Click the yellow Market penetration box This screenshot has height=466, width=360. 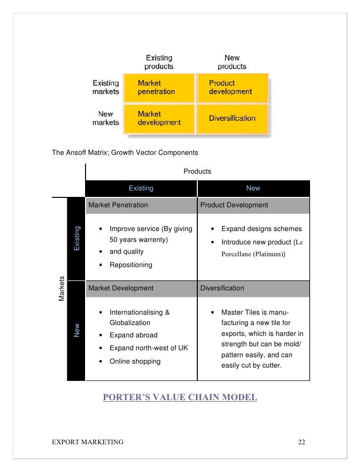[159, 88]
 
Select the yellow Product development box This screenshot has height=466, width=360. [232, 88]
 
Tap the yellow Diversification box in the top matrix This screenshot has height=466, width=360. [232, 118]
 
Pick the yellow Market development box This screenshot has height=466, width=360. [159, 118]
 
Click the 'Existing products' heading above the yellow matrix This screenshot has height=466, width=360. [159, 62]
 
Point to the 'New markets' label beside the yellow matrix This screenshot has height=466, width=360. [106, 118]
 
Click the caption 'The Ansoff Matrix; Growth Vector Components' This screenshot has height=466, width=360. [125, 152]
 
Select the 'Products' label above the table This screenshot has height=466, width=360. [197, 171]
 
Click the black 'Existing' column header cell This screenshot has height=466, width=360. [141, 188]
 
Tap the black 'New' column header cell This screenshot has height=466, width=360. [253, 188]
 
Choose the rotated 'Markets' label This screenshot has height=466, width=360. [62, 288]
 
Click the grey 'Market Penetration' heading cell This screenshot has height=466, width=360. [141, 205]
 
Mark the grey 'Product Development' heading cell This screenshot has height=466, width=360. [253, 205]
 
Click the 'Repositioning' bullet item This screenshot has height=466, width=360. [131, 265]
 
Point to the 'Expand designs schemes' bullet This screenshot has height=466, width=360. [261, 229]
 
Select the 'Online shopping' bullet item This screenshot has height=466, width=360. [135, 361]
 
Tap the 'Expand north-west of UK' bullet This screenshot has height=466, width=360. [148, 348]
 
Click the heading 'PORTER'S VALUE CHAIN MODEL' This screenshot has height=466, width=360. [180, 397]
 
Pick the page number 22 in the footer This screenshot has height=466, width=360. [302, 441]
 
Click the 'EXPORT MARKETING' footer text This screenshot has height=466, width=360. [88, 441]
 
